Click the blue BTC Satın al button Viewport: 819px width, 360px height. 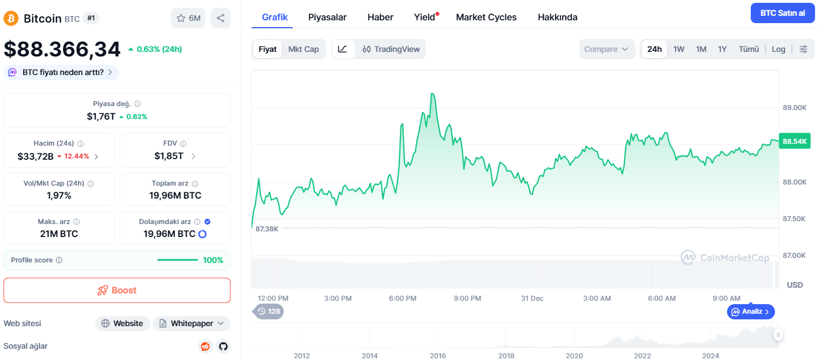(782, 13)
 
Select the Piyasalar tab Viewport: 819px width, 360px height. (327, 17)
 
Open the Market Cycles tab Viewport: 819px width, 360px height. (486, 17)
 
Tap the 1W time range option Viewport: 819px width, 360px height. (679, 49)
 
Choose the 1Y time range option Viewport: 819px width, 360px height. (722, 49)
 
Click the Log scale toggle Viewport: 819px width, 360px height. (778, 49)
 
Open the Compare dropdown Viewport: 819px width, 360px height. (606, 49)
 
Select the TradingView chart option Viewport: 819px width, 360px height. (391, 49)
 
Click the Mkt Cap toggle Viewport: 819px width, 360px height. (303, 49)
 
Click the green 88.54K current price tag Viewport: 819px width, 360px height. (795, 141)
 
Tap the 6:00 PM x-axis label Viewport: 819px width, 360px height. (402, 298)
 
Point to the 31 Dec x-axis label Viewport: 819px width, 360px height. (532, 298)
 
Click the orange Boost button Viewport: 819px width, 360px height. (117, 290)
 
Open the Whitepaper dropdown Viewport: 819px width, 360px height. (192, 323)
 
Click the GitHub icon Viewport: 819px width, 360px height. (223, 346)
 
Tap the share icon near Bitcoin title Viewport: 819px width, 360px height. (220, 18)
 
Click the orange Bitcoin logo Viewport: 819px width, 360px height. (11, 18)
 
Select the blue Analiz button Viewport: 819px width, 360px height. (750, 311)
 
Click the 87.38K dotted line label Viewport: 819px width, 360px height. (267, 229)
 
